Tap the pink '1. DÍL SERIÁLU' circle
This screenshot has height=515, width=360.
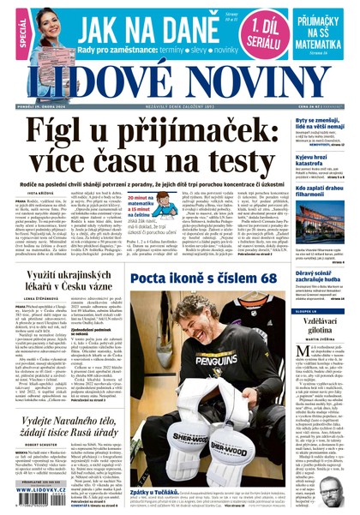click(259, 31)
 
